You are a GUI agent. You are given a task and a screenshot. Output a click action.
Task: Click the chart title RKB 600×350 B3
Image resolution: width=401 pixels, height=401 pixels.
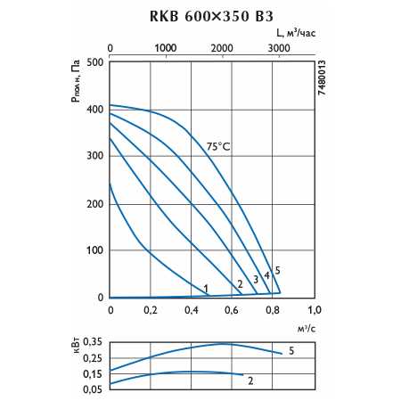pyautogui.click(x=211, y=16)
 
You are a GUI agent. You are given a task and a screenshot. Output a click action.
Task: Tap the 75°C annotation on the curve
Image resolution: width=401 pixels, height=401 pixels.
pyautogui.click(x=218, y=146)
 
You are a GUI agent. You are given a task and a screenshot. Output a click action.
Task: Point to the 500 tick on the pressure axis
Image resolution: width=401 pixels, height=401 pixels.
pyautogui.click(x=95, y=62)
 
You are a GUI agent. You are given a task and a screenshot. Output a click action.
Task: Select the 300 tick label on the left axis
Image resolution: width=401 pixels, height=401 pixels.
pyautogui.click(x=95, y=155)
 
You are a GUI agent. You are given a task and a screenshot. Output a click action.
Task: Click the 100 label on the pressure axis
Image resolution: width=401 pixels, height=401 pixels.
pyautogui.click(x=95, y=250)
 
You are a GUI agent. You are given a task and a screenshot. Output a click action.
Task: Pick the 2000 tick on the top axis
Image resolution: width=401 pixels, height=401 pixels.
pyautogui.click(x=222, y=48)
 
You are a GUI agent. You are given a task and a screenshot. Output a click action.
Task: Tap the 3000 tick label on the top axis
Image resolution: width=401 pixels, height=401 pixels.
pyautogui.click(x=279, y=48)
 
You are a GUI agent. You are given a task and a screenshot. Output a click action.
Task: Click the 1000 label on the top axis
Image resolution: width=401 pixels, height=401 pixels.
pyautogui.click(x=166, y=48)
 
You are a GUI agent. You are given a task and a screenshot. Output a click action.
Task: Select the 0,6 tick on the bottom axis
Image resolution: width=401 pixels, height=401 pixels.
pyautogui.click(x=232, y=310)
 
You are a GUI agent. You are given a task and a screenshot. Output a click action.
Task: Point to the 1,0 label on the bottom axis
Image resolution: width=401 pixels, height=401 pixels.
pyautogui.click(x=315, y=310)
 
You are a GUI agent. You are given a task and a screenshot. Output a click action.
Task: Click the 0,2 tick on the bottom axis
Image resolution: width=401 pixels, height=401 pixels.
pyautogui.click(x=151, y=310)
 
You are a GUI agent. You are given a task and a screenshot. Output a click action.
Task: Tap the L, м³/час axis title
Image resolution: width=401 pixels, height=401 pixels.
pyautogui.click(x=296, y=33)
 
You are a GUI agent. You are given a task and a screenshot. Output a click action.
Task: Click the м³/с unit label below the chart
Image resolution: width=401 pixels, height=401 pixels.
pyautogui.click(x=307, y=329)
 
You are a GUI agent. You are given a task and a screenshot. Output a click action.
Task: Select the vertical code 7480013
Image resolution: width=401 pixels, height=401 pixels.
pyautogui.click(x=322, y=78)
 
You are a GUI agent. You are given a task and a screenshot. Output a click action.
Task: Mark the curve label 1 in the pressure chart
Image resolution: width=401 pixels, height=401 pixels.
pyautogui.click(x=206, y=289)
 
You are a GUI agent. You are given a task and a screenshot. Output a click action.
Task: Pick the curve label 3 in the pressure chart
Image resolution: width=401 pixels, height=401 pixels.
pyautogui.click(x=256, y=280)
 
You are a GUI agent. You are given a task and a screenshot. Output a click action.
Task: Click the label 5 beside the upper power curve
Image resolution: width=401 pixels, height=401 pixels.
pyautogui.click(x=291, y=351)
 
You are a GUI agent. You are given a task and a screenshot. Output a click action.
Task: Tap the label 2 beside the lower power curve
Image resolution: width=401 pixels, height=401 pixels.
pyautogui.click(x=250, y=381)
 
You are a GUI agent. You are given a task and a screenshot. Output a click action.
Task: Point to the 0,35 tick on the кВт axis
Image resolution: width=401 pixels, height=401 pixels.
pyautogui.click(x=93, y=342)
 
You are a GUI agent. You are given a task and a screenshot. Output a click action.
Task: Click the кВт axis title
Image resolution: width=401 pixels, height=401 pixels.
pyautogui.click(x=76, y=345)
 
